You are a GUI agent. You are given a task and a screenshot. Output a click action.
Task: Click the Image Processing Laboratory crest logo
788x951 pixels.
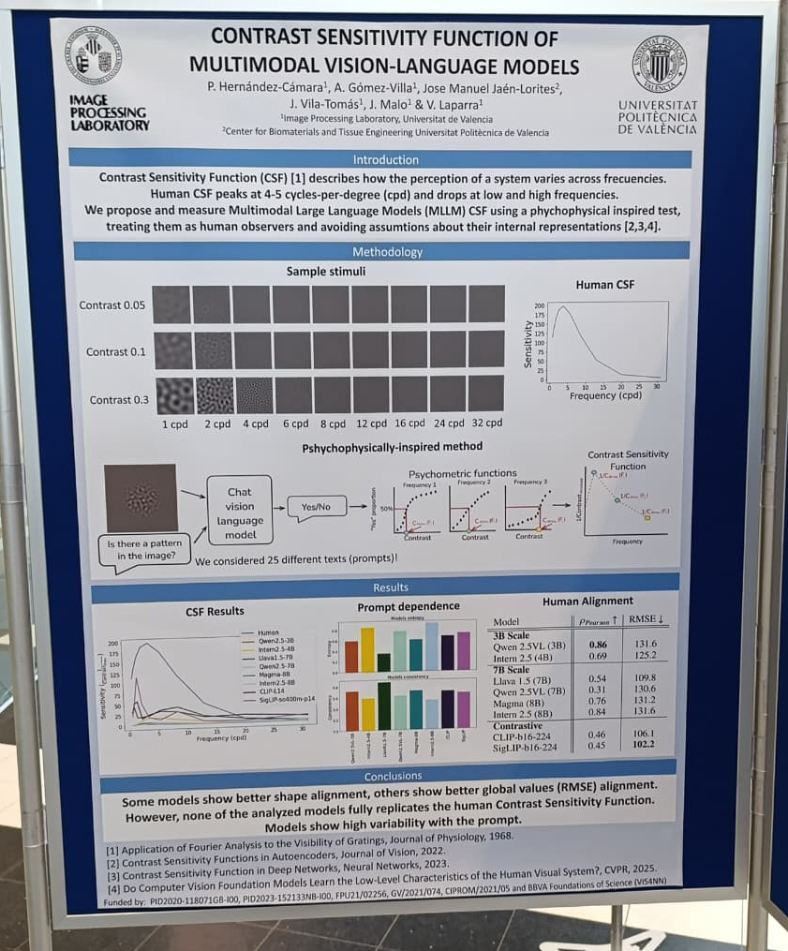93,56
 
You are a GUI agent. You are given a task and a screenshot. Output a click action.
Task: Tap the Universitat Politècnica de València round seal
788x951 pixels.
659,64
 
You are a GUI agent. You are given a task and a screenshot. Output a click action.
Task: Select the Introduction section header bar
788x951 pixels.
379,159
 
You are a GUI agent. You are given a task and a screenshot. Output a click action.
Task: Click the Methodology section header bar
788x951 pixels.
380,252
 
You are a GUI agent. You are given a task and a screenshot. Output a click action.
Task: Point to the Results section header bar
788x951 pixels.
390,587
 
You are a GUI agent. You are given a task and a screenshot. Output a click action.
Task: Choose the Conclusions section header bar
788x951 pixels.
393,776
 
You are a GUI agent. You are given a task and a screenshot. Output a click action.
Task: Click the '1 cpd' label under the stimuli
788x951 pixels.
174,423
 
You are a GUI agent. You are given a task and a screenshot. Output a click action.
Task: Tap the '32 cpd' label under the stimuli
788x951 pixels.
486,423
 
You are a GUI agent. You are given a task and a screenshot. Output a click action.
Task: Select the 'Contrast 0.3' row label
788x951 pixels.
119,400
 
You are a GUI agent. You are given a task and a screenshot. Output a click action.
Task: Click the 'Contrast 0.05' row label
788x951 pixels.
114,305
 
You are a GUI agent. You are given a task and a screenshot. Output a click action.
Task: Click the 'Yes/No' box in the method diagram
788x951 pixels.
315,506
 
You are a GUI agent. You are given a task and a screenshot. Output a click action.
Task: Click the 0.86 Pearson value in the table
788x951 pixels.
595,645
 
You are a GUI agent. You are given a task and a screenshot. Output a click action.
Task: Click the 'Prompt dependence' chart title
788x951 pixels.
408,606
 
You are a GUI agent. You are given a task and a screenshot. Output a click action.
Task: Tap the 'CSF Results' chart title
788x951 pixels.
214,612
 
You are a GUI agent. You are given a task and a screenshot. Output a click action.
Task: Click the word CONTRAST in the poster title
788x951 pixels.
269,38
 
